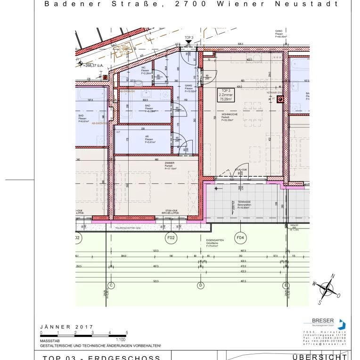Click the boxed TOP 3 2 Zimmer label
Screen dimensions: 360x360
coord(226,95)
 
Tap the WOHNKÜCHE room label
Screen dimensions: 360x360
coord(229,117)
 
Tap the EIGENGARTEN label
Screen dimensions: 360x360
coord(214,243)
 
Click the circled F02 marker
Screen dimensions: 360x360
coord(171,238)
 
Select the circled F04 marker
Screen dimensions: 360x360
coord(240,238)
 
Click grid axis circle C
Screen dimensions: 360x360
coord(112,286)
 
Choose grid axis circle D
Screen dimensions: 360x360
coord(200,286)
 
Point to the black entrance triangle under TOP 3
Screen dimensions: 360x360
coord(189,42)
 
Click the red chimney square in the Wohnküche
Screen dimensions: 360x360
coord(280,100)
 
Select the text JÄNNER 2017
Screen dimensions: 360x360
coord(67,327)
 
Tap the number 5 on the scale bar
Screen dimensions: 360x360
coord(126,333)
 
